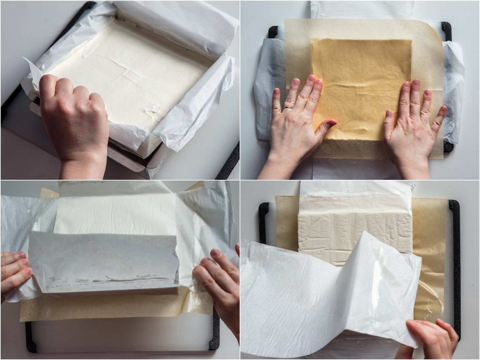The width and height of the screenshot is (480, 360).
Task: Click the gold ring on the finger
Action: [288, 108]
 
